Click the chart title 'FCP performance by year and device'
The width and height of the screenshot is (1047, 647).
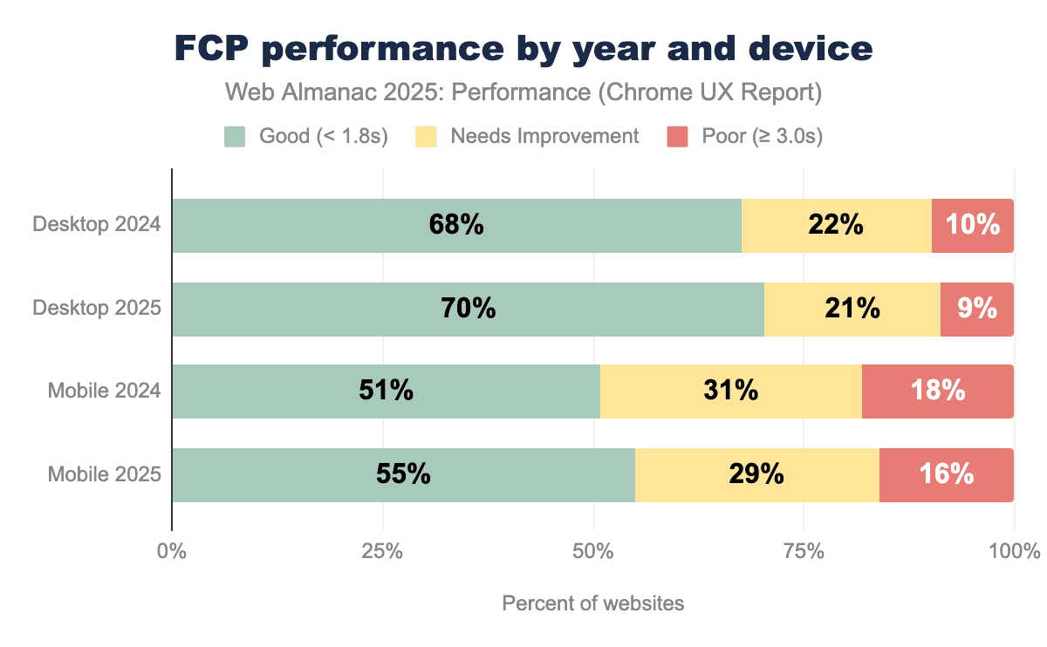coord(523,49)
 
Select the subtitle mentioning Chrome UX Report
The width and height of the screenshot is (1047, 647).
coord(523,92)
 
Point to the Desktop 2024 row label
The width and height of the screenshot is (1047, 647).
coord(97,225)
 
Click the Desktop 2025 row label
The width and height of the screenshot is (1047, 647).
coord(97,308)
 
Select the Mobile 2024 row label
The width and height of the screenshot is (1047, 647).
coord(104,391)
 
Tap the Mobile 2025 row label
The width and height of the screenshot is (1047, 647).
coord(104,474)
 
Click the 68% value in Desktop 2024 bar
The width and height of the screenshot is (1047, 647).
coord(456,225)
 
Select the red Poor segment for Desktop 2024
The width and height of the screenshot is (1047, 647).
coord(972,225)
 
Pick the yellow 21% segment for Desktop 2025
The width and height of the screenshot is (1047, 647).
coord(852,309)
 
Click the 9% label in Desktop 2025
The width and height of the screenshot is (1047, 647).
coord(976,309)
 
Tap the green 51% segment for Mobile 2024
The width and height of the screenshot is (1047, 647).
coord(386,392)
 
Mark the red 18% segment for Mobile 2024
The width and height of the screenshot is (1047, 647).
coord(937,392)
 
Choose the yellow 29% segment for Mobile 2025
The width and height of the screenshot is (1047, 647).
coord(756,475)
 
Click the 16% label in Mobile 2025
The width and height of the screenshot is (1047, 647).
coord(946,475)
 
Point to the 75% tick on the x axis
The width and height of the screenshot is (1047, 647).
coord(804,552)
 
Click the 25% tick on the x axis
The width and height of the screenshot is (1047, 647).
coord(383,552)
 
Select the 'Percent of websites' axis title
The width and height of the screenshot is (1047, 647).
coord(593,603)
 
